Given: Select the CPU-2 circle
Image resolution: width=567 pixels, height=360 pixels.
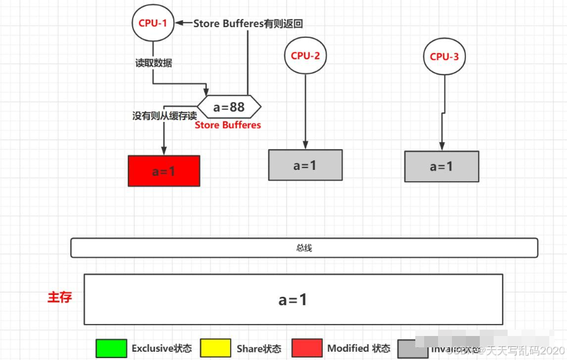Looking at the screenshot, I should tap(305, 56).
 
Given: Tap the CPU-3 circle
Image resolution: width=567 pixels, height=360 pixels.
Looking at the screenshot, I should tap(444, 56).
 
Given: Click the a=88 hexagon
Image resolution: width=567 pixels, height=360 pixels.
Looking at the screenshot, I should tap(229, 107).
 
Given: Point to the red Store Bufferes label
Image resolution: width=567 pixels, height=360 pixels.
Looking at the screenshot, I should tap(228, 125).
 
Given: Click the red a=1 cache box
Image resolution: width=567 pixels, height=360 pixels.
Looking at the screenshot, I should tap(164, 171).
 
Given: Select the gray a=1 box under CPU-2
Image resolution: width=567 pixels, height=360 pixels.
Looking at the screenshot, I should tap(305, 165).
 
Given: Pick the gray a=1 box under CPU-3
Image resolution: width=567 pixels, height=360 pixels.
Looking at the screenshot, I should tap(441, 166).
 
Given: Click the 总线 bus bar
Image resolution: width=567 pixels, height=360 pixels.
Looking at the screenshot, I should tap(304, 248).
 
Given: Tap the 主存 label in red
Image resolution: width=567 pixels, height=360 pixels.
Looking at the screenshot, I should tap(59, 297).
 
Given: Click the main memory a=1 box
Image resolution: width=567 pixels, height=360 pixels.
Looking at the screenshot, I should tap(293, 299).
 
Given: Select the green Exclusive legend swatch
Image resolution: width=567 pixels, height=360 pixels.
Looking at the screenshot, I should tap(111, 348).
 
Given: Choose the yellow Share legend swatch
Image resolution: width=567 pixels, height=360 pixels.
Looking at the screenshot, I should tap(215, 348).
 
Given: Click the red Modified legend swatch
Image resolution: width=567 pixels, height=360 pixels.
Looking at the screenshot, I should tap(307, 348).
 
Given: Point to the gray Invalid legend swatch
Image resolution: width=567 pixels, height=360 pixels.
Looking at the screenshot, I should tap(412, 349).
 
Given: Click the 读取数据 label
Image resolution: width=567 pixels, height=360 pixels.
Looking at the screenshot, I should tap(154, 63).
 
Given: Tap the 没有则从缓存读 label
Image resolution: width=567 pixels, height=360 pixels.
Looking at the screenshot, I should tap(164, 116).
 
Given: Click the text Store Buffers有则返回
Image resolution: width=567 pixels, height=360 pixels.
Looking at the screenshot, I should tap(248, 23).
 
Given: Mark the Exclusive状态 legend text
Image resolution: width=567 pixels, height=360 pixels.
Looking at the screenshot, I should tap(161, 348).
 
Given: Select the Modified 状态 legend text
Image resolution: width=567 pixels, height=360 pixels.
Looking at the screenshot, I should tap(358, 348).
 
